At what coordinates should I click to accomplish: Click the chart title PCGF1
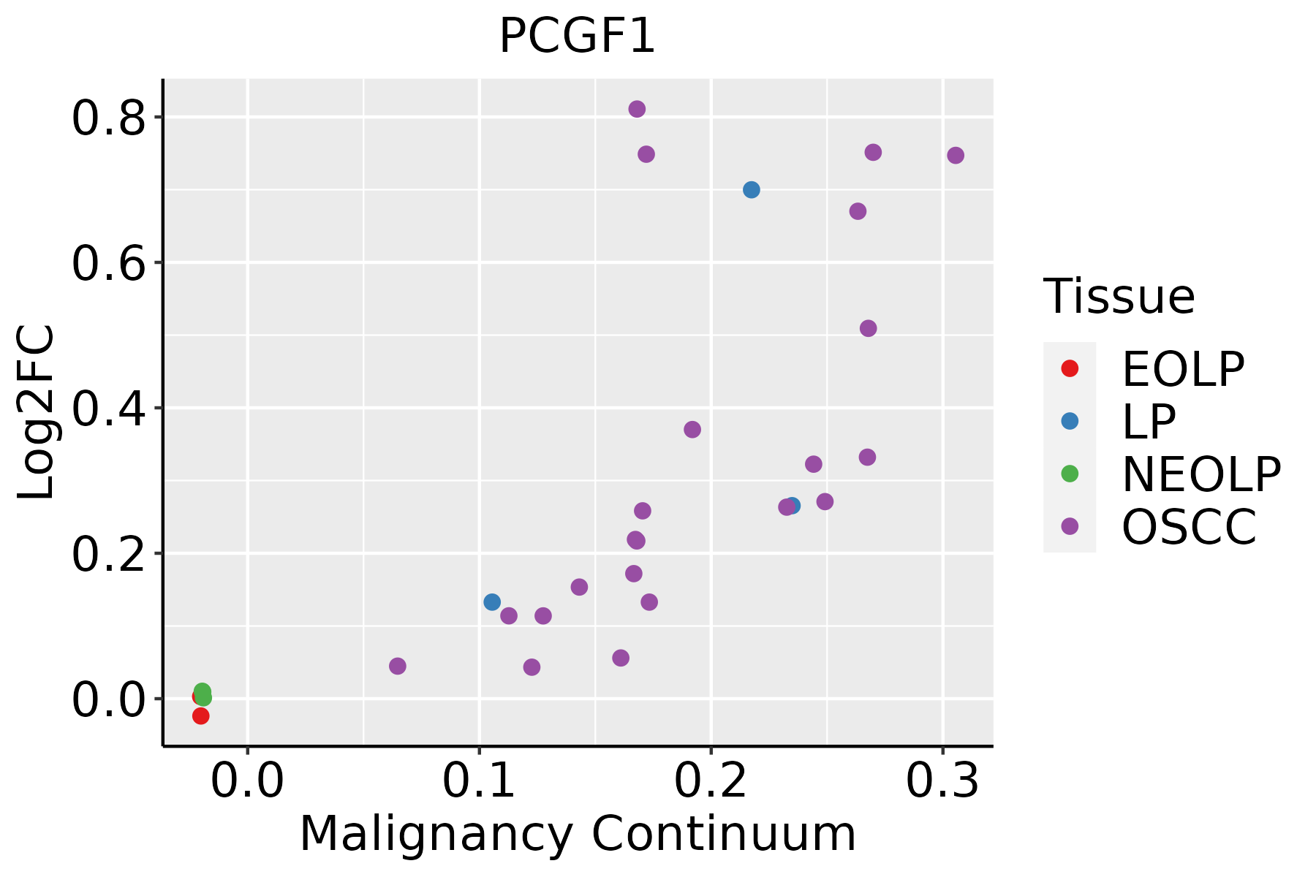577,37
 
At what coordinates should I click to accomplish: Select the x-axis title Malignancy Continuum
578,834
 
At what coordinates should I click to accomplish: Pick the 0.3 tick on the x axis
942,781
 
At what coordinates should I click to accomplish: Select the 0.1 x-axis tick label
479,781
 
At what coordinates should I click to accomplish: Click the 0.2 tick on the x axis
711,781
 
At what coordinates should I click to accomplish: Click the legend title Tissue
1119,297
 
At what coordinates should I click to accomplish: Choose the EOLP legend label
1182,369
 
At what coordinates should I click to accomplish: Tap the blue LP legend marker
1070,421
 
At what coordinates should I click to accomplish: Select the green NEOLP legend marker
1070,474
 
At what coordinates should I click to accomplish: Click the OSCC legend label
1189,527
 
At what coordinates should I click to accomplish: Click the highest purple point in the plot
637,110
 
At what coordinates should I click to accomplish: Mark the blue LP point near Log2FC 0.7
751,190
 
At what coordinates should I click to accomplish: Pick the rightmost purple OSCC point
956,156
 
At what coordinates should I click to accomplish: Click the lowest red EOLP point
201,716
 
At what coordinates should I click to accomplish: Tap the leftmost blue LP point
492,602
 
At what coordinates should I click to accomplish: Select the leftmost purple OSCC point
398,666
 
